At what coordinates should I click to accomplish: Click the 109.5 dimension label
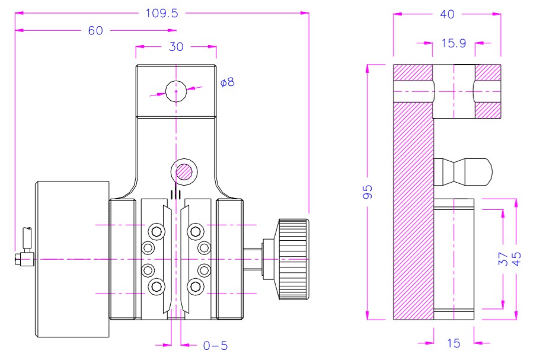click(x=161, y=12)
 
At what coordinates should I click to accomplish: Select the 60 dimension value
click(x=95, y=30)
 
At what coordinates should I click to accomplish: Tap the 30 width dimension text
click(x=176, y=47)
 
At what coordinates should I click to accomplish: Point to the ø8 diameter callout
click(x=227, y=82)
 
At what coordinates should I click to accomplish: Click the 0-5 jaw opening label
click(x=215, y=345)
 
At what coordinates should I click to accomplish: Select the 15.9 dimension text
click(x=454, y=44)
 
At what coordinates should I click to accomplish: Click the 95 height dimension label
click(x=368, y=192)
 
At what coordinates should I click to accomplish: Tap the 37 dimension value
click(x=501, y=259)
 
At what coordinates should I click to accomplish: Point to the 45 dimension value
click(x=517, y=259)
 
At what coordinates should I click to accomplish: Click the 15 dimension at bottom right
click(x=454, y=344)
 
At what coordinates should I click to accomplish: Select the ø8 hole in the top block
click(x=176, y=91)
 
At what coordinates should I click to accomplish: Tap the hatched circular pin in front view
click(x=183, y=172)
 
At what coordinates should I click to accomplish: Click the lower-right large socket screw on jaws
click(x=194, y=286)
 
